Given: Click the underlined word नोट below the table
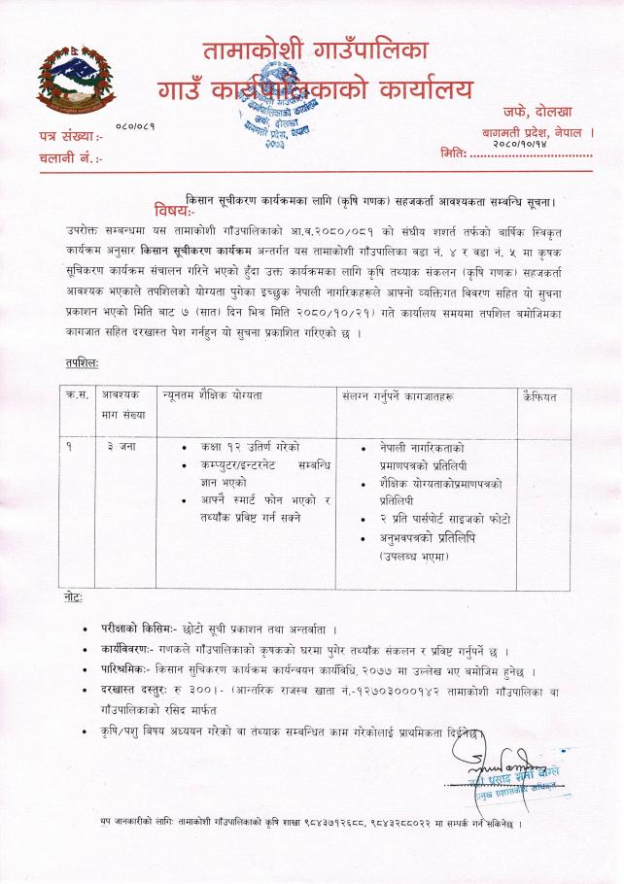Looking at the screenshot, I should coord(70,595).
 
